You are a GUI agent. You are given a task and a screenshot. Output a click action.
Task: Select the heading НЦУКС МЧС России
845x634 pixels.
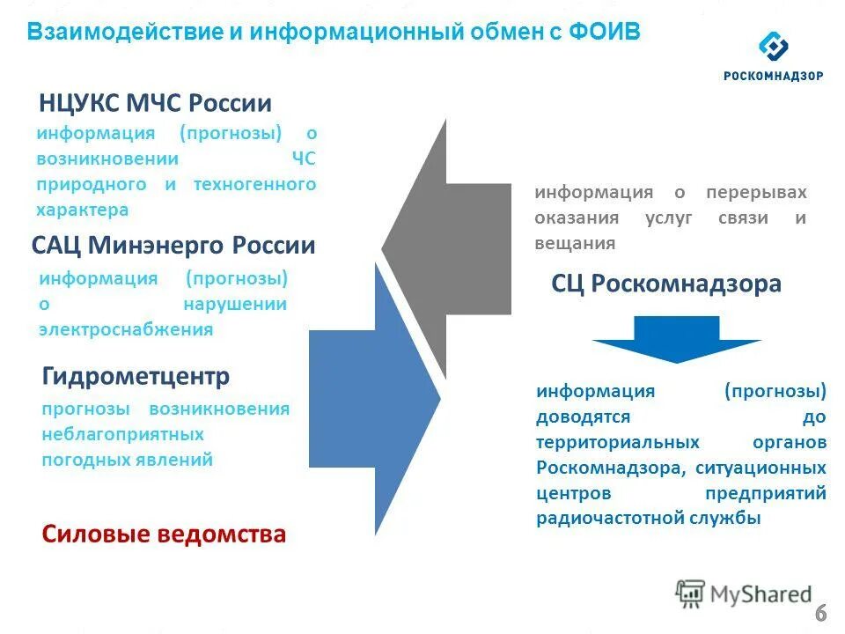155,103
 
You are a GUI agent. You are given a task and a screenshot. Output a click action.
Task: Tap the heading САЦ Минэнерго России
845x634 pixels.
173,245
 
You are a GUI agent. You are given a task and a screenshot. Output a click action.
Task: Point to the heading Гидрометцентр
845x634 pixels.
136,377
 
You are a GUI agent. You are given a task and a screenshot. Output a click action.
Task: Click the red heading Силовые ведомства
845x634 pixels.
164,534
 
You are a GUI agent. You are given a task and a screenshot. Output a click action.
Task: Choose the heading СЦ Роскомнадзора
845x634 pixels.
666,284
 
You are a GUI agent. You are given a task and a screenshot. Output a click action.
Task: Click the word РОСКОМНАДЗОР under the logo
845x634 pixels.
774,76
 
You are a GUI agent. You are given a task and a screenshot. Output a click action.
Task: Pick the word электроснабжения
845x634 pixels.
126,330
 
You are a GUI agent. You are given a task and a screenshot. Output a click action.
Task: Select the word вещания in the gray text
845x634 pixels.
575,244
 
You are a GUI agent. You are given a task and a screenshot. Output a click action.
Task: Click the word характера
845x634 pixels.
83,210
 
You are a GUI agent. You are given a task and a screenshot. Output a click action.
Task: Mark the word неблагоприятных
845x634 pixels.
122,434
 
